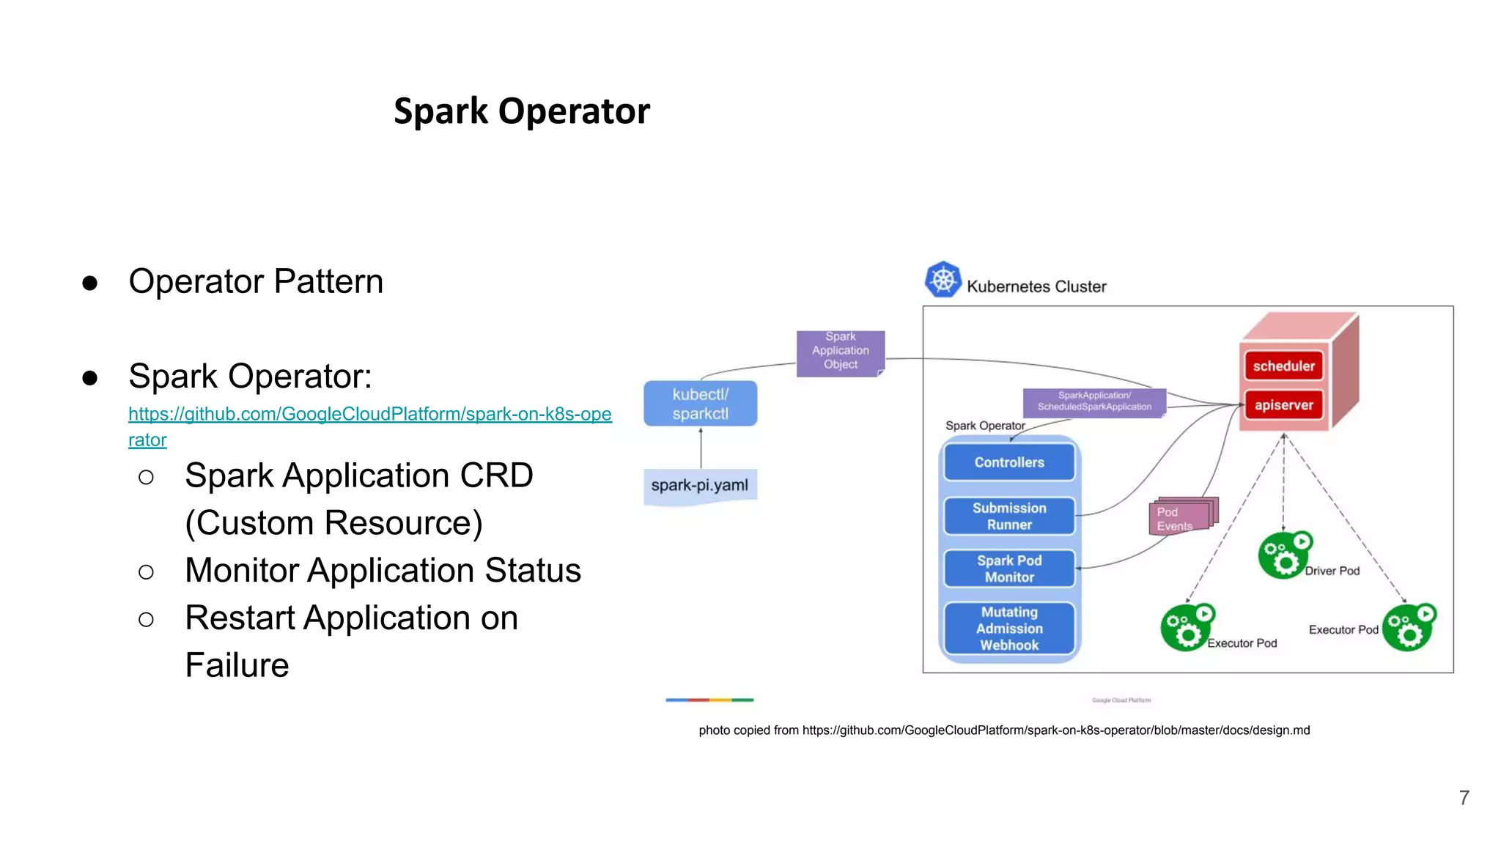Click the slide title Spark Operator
[x=521, y=111]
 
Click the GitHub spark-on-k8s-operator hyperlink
[x=369, y=415]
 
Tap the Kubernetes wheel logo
[x=943, y=279]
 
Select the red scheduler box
[x=1283, y=366]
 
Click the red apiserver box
[x=1283, y=405]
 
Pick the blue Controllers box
[x=1009, y=462]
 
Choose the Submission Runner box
[x=1009, y=516]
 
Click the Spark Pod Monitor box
[x=1009, y=569]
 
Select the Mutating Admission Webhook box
[x=1009, y=628]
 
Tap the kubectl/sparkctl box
[x=700, y=404]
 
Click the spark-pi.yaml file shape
[x=700, y=485]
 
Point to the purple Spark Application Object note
[x=840, y=352]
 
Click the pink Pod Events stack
[x=1179, y=517]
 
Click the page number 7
[x=1464, y=797]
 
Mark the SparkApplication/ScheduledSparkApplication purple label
[x=1094, y=401]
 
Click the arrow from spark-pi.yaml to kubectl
[x=701, y=448]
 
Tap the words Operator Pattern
[x=256, y=281]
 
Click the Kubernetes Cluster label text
[x=1036, y=286]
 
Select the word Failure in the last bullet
[x=237, y=665]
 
